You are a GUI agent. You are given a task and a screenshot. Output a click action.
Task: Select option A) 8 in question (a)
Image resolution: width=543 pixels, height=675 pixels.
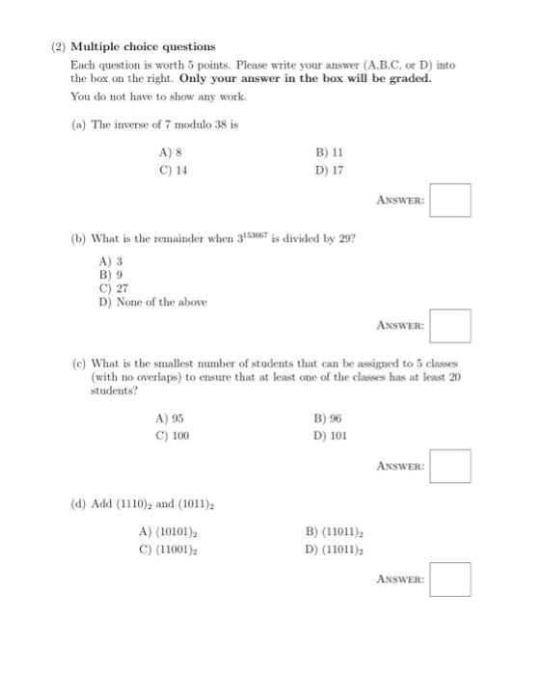click(171, 152)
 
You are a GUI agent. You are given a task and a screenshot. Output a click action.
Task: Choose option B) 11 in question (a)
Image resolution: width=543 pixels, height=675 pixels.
click(329, 152)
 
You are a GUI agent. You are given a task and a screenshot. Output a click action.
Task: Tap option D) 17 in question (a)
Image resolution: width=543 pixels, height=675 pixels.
click(329, 171)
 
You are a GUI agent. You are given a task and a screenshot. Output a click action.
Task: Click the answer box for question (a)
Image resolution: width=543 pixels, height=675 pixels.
click(450, 201)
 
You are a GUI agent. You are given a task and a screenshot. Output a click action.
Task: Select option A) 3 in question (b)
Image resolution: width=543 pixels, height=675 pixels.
click(110, 261)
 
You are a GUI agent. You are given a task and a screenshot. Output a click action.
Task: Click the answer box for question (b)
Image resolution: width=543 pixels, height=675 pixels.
click(450, 326)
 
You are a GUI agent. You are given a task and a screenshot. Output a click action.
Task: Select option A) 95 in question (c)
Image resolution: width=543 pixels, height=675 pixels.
click(170, 418)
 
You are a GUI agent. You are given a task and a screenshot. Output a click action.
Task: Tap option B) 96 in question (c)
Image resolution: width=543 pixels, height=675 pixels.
click(328, 418)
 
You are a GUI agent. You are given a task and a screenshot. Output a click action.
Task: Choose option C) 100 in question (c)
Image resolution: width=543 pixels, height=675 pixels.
click(173, 436)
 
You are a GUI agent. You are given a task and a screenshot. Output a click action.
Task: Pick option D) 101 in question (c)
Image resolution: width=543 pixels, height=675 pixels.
click(330, 436)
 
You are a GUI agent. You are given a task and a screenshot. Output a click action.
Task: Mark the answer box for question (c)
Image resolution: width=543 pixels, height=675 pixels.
click(450, 467)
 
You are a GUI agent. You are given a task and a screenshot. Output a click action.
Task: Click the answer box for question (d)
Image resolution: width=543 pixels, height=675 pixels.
click(450, 580)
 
